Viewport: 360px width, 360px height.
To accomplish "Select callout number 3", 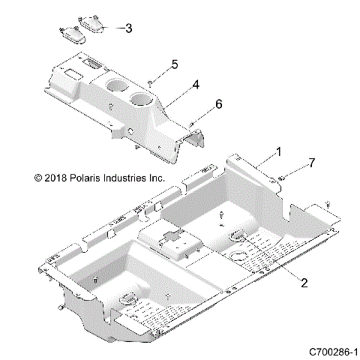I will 129,28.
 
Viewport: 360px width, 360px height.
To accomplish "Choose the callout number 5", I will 174,65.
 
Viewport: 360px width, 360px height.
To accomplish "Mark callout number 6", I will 198,106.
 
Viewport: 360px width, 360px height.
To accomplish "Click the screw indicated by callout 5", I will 151,80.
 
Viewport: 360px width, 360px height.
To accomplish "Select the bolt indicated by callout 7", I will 280,177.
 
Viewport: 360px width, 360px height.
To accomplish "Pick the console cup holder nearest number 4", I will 139,100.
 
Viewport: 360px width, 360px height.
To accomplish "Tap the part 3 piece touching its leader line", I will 95,24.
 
